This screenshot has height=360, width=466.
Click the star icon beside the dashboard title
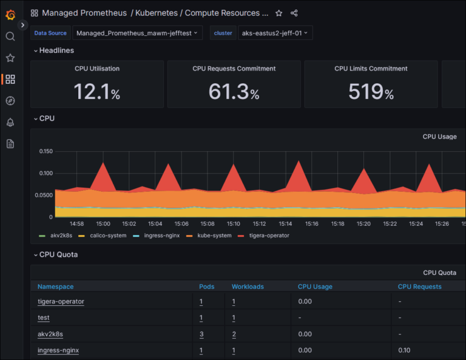pos(279,13)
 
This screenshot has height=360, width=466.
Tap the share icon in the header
pos(294,13)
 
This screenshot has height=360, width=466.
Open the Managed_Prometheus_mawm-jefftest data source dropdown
pos(137,33)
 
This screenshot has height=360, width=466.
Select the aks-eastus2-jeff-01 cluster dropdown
pos(274,33)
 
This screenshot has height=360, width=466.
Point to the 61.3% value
pos(234,92)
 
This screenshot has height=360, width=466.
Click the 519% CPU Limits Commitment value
pos(371,92)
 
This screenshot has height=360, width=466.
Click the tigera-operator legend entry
pos(269,236)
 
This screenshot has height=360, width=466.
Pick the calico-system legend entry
pos(108,236)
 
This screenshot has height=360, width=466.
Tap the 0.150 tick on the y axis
pos(46,151)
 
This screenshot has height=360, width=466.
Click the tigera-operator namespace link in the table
pos(61,302)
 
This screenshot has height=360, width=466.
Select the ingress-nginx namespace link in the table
pos(58,350)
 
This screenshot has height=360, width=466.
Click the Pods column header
pos(206,287)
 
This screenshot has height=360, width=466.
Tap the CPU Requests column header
pos(419,287)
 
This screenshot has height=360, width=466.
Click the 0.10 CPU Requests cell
pos(404,350)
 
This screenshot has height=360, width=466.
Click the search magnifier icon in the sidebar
pos(10,36)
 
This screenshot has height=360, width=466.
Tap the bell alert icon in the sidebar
pos(10,123)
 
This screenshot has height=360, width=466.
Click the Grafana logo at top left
pos(10,15)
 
